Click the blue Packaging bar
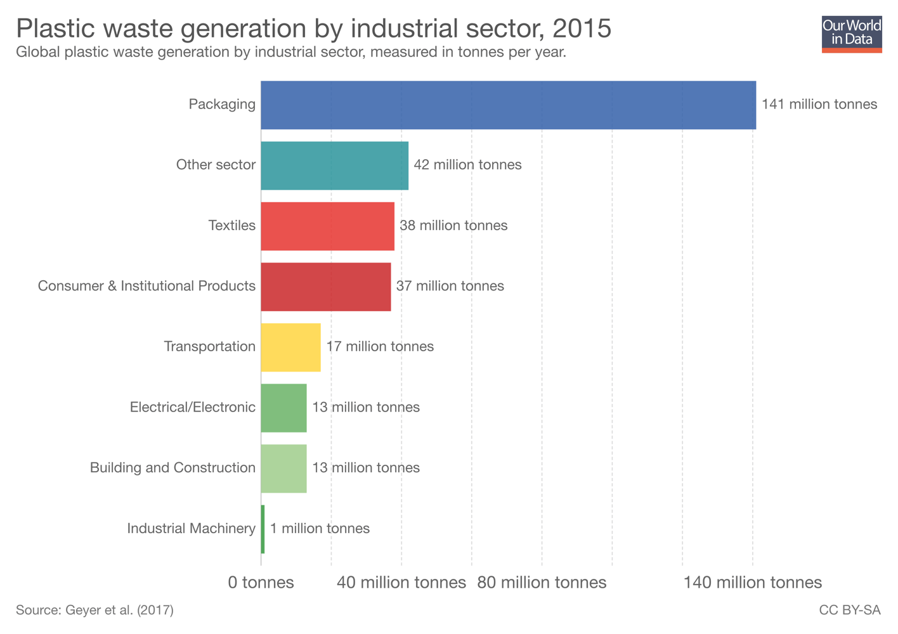[x=508, y=105]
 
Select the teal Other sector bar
[x=334, y=165]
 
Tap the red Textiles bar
[x=327, y=226]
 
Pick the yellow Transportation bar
[x=290, y=347]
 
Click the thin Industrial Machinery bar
[x=263, y=529]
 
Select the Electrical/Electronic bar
[x=283, y=408]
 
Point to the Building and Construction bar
[x=283, y=469]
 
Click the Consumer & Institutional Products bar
[x=325, y=287]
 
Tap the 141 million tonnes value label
[x=819, y=105]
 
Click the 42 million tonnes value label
[x=467, y=165]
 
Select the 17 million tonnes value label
[x=380, y=347]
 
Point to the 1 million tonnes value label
[x=320, y=529]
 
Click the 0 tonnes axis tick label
[x=261, y=583]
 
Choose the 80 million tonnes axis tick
[x=542, y=583]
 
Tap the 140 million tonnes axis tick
[x=752, y=583]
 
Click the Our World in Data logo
[x=851, y=34]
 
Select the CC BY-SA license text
[x=849, y=611]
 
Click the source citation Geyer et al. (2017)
[x=94, y=611]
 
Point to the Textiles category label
[x=231, y=226]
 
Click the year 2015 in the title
[x=582, y=29]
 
